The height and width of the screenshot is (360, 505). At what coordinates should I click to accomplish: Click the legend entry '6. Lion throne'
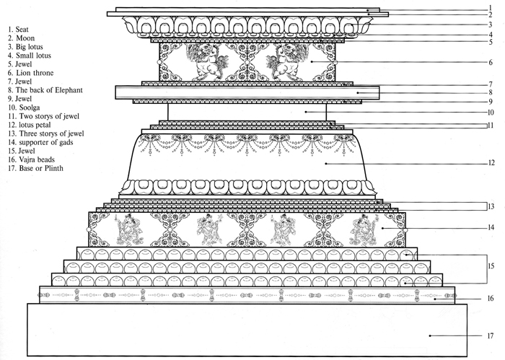point(31,73)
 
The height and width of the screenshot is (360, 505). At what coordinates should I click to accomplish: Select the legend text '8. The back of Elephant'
point(45,90)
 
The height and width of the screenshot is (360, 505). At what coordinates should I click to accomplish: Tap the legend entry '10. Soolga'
point(24,107)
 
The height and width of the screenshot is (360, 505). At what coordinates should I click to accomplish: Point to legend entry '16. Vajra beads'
point(32,159)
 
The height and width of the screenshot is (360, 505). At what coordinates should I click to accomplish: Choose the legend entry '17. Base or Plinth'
point(36,168)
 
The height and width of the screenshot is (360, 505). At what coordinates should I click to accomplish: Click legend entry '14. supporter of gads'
point(41,142)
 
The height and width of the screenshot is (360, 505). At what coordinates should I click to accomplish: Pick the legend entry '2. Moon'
point(21,38)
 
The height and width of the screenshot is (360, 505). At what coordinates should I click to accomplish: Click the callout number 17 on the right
point(490,336)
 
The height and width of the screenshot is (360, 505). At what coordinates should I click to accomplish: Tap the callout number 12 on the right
point(491,163)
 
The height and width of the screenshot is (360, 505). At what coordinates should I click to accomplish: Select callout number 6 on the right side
point(491,62)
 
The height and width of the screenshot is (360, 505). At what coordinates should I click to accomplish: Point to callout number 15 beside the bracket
point(491,266)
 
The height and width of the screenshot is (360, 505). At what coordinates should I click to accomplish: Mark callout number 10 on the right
point(491,113)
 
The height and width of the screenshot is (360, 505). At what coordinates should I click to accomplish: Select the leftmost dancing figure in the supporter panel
point(129,229)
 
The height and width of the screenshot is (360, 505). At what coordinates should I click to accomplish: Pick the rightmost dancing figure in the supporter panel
point(364,229)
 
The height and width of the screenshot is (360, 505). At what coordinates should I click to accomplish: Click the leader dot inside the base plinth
point(430,336)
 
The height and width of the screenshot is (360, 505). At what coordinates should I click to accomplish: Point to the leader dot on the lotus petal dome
point(325,164)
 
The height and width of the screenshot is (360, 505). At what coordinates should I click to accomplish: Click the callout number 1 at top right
point(490,8)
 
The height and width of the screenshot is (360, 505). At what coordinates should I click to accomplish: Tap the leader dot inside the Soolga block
point(305,112)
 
